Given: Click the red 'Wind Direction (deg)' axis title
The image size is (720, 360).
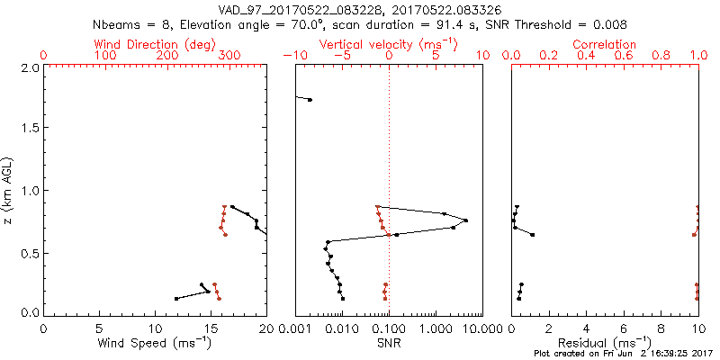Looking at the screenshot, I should click(155, 44).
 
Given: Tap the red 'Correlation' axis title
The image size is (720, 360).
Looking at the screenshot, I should click(605, 44).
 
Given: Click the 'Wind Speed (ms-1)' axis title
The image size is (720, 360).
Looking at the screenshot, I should click(155, 343).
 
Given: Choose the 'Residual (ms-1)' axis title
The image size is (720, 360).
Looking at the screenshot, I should click(605, 343).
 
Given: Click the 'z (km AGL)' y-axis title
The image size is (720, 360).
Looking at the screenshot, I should click(9, 190).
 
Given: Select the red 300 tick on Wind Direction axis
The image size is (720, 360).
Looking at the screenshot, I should click(229, 56).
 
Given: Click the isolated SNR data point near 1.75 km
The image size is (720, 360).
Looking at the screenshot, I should click(310, 100).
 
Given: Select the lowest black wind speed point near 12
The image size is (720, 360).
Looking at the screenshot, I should click(176, 298).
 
